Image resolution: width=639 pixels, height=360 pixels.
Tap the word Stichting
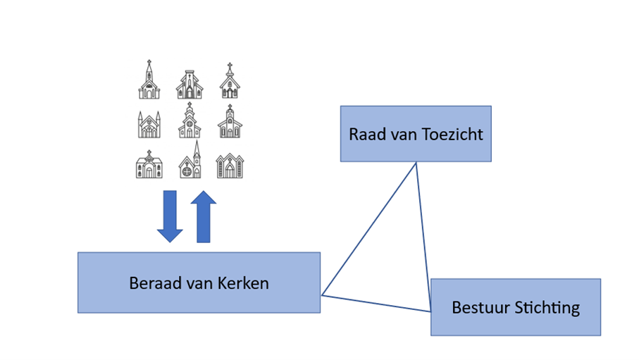pyautogui.click(x=548, y=307)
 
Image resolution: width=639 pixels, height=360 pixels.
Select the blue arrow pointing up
pyautogui.click(x=204, y=217)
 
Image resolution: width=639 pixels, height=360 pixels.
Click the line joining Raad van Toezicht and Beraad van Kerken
pyautogui.click(x=368, y=228)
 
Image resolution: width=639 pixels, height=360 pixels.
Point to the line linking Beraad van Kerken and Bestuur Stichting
pyautogui.click(x=376, y=303)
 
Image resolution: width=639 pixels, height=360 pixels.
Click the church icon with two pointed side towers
pyautogui.click(x=149, y=124)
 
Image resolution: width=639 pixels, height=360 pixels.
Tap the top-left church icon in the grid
pyautogui.click(x=149, y=80)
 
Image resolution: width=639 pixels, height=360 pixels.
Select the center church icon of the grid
pyautogui.click(x=190, y=122)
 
